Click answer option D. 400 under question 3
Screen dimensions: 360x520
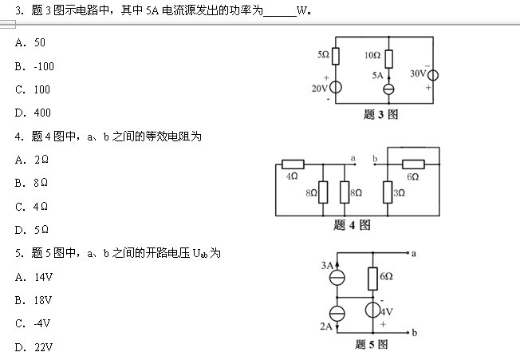(32, 113)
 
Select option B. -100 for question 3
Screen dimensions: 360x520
(33, 66)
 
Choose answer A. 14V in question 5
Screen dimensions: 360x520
(33, 277)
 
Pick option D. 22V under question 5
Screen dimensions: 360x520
(33, 346)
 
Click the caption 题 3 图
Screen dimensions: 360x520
(380, 114)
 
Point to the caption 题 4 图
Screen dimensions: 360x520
(352, 225)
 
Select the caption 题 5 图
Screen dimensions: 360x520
(372, 345)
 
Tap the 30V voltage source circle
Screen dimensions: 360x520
(434, 76)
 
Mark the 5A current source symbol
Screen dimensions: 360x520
(388, 89)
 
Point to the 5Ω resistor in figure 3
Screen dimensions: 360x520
(336, 55)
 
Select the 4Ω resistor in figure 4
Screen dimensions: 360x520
(293, 165)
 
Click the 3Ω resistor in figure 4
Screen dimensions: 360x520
(388, 192)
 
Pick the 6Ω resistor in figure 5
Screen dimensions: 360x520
(372, 278)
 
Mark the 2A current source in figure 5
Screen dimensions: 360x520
(339, 313)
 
